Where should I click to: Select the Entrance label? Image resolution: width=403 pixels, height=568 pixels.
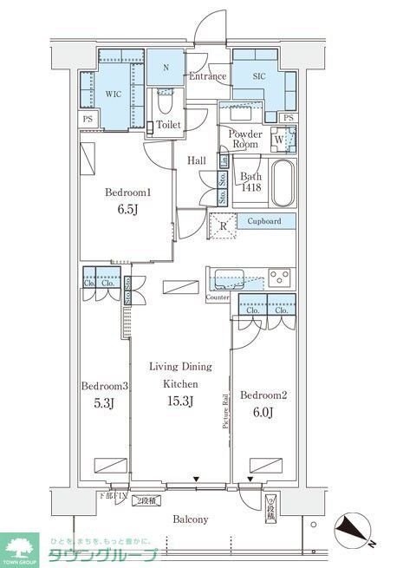coord(208,76)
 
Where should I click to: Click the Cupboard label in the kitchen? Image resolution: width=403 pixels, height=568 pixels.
coord(263,221)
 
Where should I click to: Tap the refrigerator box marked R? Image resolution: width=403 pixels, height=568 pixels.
coord(221,227)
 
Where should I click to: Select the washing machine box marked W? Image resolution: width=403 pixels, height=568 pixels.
coord(279,137)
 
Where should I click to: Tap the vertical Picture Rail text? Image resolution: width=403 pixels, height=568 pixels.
coord(226,410)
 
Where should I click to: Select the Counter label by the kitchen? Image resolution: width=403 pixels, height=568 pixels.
coord(218,298)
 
